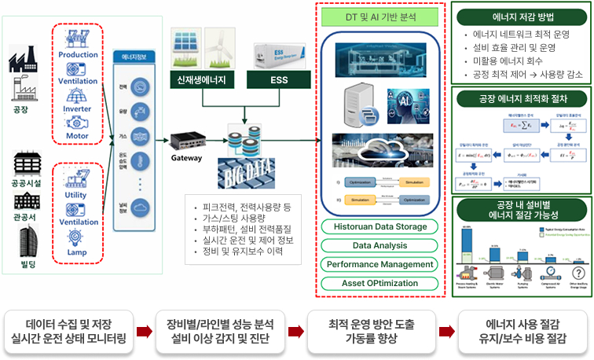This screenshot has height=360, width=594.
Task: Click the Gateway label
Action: coord(187,157)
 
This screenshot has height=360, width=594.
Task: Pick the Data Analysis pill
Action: coord(379,245)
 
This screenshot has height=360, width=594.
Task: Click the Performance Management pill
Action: coord(379,264)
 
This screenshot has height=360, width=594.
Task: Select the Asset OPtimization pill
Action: coord(379,282)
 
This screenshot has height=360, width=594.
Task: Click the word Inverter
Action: coord(76,109)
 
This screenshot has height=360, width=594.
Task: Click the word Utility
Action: coord(76,193)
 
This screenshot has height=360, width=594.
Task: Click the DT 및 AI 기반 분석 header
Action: coord(379,16)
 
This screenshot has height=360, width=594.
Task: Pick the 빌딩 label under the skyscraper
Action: coord(25,270)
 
